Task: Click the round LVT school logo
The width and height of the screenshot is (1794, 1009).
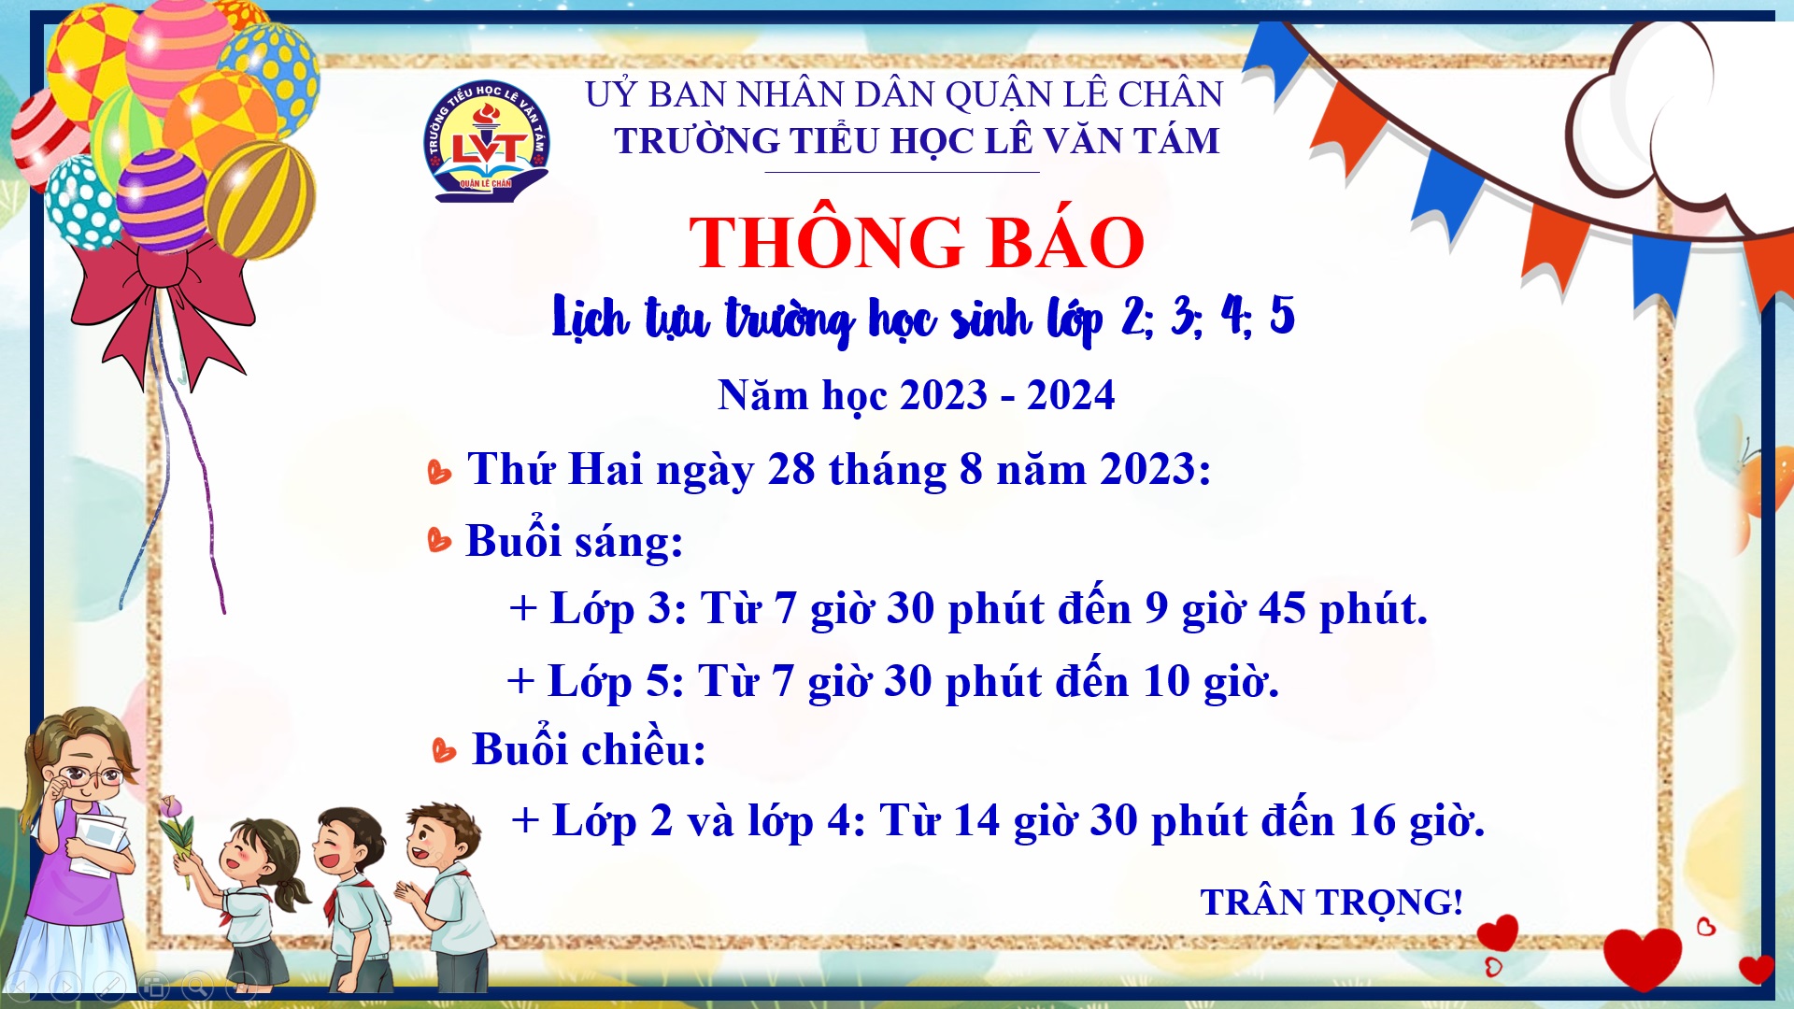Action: click(x=486, y=140)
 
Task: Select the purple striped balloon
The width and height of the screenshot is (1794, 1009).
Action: click(x=161, y=199)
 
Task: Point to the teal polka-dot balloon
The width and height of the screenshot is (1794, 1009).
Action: click(x=82, y=202)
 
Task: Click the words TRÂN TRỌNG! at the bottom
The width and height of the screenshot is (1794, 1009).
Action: click(x=1331, y=902)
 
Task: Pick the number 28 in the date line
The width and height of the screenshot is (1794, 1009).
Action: click(x=791, y=469)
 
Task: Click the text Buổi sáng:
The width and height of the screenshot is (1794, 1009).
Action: click(x=575, y=541)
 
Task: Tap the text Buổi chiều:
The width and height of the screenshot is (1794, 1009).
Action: click(x=589, y=748)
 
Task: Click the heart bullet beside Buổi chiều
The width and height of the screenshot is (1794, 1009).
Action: click(x=444, y=750)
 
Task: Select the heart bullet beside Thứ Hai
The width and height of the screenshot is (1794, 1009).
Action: click(x=438, y=472)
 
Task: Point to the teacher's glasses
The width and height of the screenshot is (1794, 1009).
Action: click(x=91, y=775)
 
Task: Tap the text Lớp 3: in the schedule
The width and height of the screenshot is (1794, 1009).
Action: click(x=619, y=609)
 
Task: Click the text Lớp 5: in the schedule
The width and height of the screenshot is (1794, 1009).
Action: click(x=617, y=682)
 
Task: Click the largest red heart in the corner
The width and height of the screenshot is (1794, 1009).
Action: click(x=1642, y=958)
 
